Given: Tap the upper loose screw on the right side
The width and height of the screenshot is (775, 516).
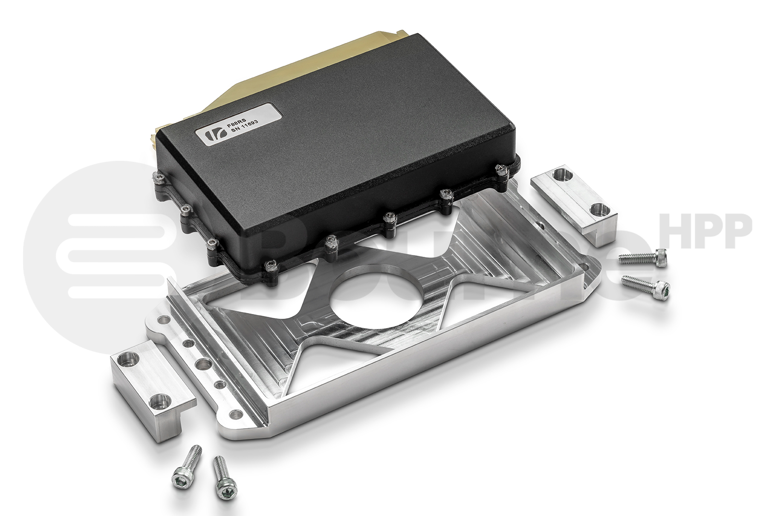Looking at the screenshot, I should [643, 257].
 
